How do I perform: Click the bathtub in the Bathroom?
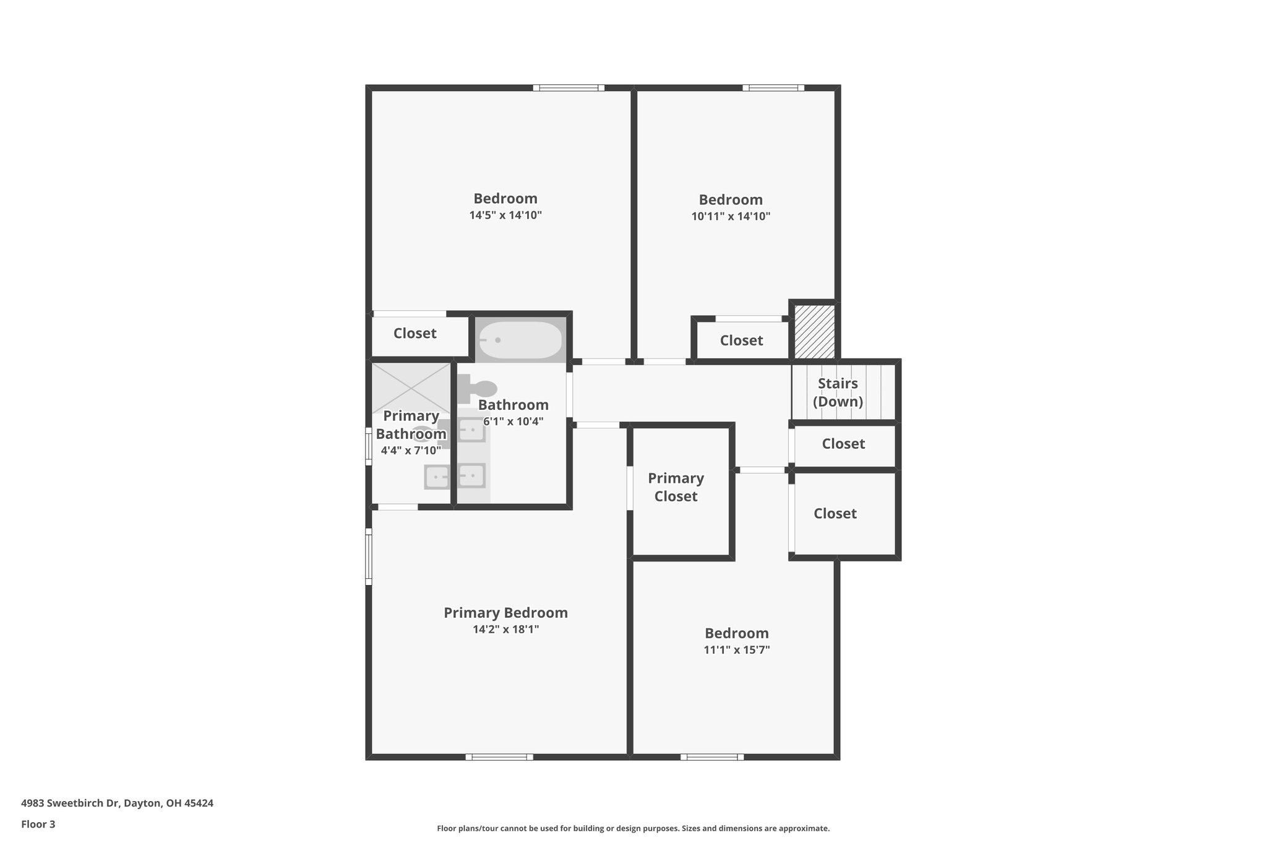tap(520, 340)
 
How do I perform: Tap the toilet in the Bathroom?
tap(478, 388)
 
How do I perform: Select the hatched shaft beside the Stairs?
tap(814, 331)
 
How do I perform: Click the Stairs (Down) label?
tap(838, 392)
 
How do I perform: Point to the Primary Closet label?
tap(676, 487)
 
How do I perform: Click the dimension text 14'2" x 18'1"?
tap(505, 630)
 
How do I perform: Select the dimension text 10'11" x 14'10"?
tap(731, 217)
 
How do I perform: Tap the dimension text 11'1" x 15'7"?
tap(736, 650)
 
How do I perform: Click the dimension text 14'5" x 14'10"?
tap(505, 215)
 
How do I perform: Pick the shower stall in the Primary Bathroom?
tap(411, 388)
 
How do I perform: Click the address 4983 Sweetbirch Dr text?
tap(117, 804)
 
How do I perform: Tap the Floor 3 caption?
tap(38, 824)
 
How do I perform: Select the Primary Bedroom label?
tap(505, 613)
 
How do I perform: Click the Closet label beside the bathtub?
tap(414, 334)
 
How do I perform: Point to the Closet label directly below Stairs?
tap(843, 444)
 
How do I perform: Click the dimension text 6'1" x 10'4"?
tap(513, 422)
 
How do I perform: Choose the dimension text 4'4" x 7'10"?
tap(411, 451)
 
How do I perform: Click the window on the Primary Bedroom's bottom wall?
tap(499, 756)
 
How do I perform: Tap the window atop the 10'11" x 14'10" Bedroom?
tap(773, 88)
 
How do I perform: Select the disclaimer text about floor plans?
tap(633, 828)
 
